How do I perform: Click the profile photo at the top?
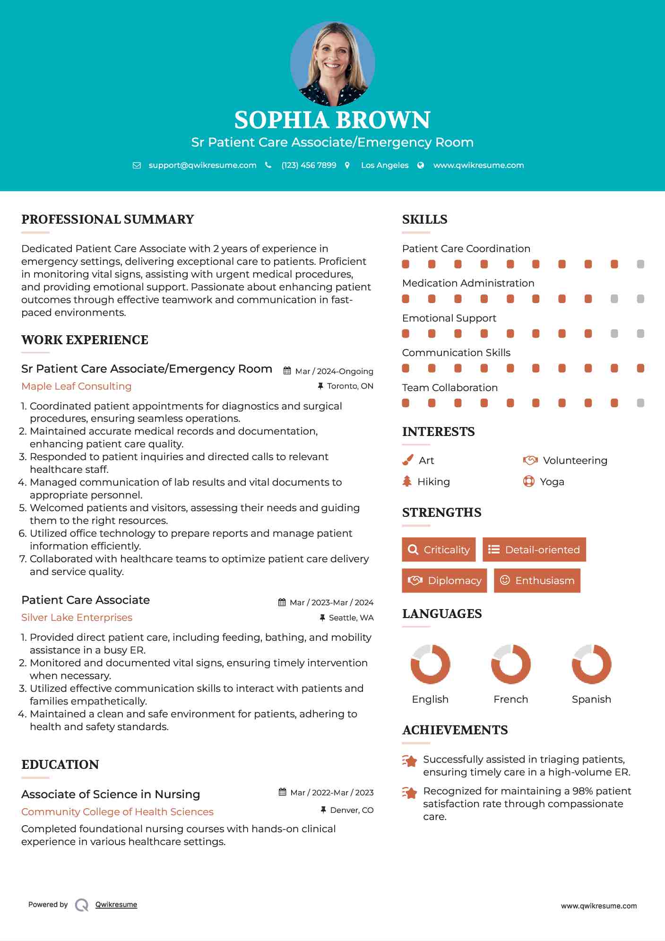point(332,63)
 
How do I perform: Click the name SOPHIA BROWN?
point(332,120)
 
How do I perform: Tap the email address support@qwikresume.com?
point(202,166)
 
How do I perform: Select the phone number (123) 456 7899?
point(309,166)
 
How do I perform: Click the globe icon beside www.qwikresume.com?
point(421,166)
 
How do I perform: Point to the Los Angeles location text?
point(385,166)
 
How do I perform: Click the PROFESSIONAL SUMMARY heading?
point(108,219)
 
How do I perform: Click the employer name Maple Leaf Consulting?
point(77,386)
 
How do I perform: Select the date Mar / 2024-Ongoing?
point(334,372)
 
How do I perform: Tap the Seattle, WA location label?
point(351,618)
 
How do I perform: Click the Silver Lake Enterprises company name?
point(77,618)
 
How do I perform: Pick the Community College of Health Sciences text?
point(117,812)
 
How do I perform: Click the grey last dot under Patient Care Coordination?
point(640,264)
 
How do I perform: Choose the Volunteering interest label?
point(575,461)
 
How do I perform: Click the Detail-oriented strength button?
point(534,549)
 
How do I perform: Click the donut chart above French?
point(511,664)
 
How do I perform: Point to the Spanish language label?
point(591,699)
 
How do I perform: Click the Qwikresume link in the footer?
point(116,905)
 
